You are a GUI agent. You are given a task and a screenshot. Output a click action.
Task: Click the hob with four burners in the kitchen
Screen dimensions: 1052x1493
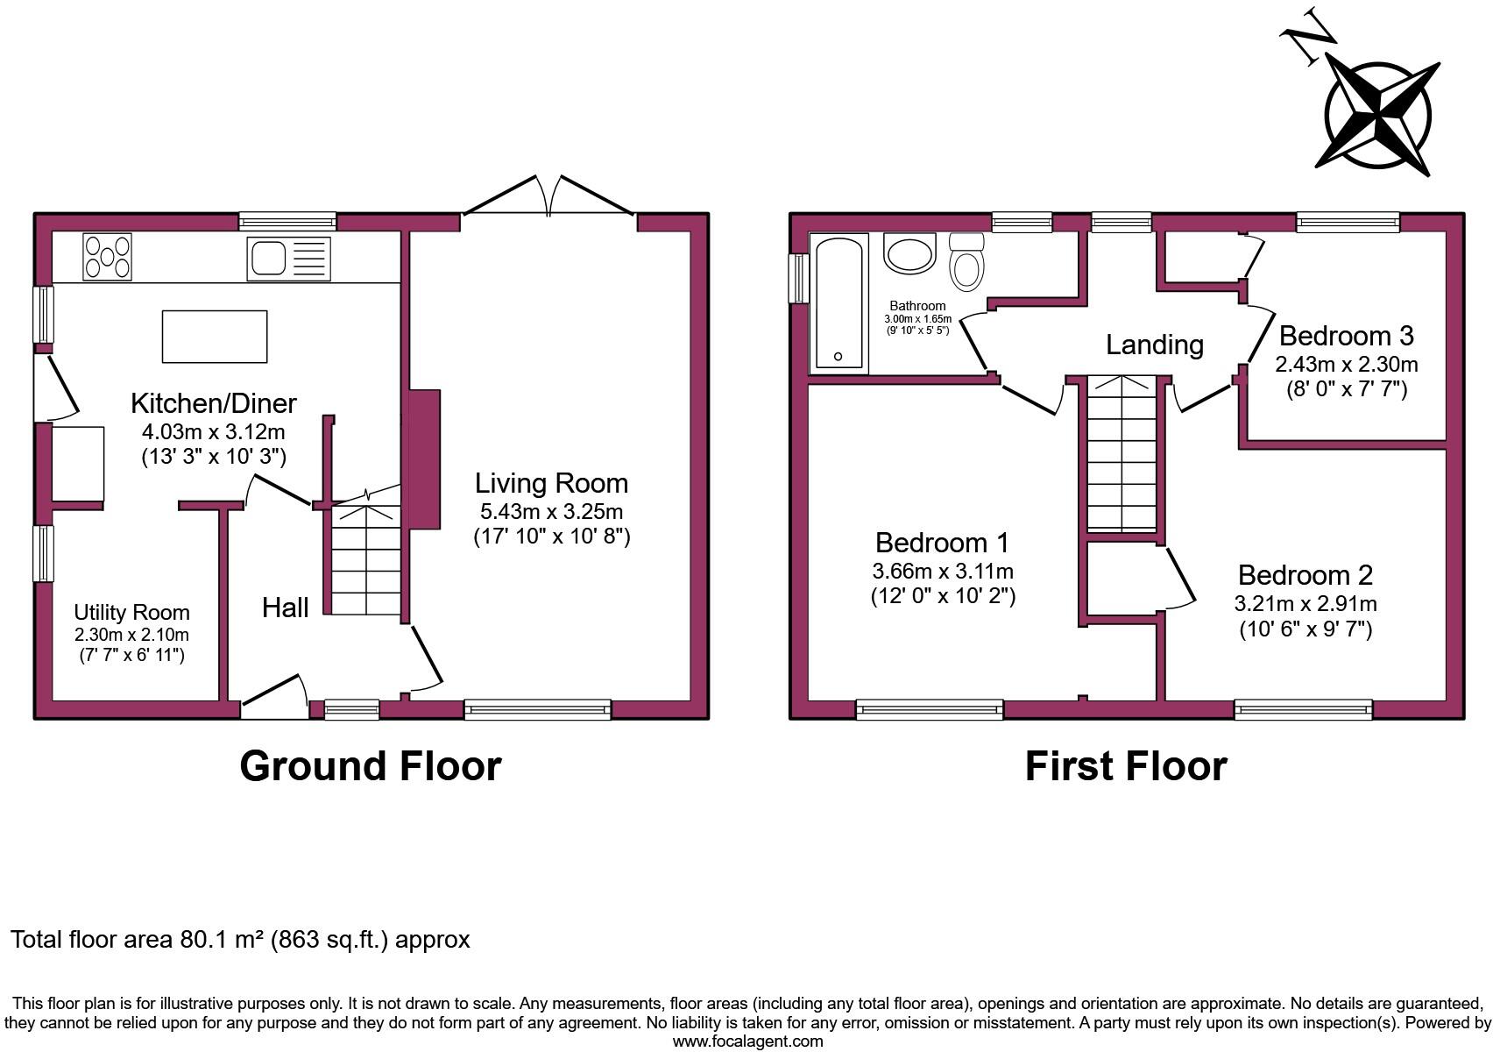coord(107,256)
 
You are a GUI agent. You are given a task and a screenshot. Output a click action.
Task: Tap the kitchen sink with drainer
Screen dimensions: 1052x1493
coord(288,258)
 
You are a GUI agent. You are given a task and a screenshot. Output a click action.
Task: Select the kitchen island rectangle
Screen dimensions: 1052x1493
coord(214,336)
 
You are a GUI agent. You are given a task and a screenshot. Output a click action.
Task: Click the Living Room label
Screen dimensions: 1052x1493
coord(551,483)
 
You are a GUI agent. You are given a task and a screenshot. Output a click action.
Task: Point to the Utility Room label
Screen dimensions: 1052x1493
coord(131,612)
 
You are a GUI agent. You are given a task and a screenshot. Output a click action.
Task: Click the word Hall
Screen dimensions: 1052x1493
coord(285,608)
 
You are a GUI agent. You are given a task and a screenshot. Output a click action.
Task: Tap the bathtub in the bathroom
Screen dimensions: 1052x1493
coord(838,302)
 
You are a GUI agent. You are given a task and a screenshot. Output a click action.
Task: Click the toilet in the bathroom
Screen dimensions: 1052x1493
coord(966,263)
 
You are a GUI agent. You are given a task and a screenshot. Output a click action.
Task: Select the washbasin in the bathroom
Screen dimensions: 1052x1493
coord(909,253)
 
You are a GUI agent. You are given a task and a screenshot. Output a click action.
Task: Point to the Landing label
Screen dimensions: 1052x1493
coord(1154,345)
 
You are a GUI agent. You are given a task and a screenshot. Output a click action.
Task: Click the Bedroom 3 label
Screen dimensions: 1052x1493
coord(1346,336)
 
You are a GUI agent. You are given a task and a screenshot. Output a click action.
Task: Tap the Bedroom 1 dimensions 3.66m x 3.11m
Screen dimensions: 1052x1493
coord(942,571)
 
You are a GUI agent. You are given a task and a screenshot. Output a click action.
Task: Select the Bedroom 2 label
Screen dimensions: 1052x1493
coord(1305,575)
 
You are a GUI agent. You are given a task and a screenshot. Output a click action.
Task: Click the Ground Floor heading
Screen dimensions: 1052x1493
coord(370,765)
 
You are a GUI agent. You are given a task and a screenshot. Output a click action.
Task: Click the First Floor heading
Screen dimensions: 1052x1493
coord(1125,765)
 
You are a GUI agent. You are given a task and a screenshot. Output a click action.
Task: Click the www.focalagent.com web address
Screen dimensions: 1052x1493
coord(747,1041)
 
